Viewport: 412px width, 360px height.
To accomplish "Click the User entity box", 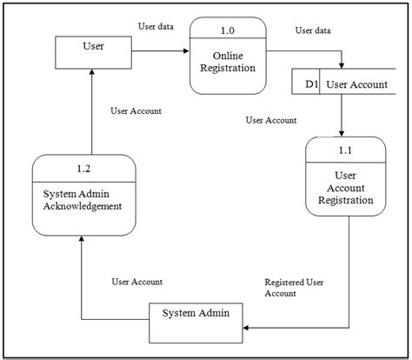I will click(90, 51).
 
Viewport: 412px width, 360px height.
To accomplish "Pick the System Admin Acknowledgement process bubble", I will click(83, 194).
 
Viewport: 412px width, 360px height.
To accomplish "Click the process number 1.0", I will click(228, 31).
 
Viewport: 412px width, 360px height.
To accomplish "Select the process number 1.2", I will click(83, 166).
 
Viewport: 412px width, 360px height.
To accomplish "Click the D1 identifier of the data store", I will click(311, 83).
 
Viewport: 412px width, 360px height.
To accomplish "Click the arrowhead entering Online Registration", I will click(186, 51).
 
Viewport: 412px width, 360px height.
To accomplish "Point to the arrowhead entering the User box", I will click(90, 73).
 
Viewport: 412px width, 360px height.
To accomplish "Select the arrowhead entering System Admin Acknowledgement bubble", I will click(82, 238).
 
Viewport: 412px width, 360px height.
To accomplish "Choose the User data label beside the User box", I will click(156, 27).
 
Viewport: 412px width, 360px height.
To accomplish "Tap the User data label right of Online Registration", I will click(313, 30).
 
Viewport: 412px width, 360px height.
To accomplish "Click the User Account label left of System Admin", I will click(136, 282).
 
